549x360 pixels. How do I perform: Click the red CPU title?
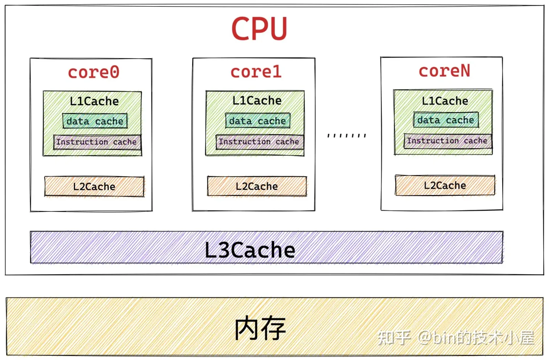click(x=259, y=29)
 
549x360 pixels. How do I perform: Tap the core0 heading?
click(x=94, y=72)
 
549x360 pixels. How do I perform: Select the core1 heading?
click(x=256, y=72)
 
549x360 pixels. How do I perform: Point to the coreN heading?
click(x=445, y=71)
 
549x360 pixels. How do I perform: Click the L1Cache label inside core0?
click(x=94, y=101)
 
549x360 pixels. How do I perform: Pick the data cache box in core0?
click(x=95, y=121)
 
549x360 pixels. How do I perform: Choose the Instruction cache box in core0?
click(x=97, y=142)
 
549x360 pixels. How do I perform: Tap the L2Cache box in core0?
click(x=94, y=186)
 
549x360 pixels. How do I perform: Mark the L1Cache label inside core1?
click(x=257, y=101)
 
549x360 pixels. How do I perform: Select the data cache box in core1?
click(x=258, y=121)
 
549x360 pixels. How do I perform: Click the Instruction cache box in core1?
click(x=259, y=142)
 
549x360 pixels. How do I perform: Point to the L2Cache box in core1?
click(x=257, y=186)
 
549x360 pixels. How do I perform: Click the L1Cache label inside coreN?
click(x=445, y=101)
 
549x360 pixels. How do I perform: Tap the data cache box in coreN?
click(x=446, y=120)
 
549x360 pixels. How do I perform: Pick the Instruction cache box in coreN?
click(x=448, y=141)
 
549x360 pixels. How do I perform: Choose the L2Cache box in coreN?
click(x=445, y=185)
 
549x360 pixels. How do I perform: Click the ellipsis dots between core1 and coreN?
click(x=347, y=135)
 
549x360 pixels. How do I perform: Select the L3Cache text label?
click(x=250, y=250)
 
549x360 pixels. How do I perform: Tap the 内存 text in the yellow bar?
click(x=260, y=328)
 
